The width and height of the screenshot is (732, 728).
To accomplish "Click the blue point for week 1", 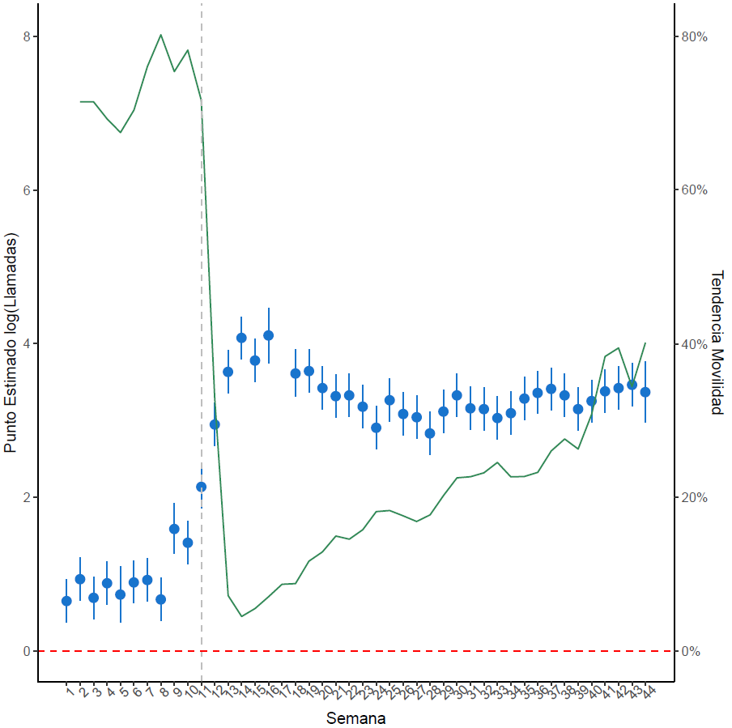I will (x=66, y=601).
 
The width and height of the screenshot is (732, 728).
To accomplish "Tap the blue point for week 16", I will (x=268, y=335).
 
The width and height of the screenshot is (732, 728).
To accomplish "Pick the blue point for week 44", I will (x=645, y=392).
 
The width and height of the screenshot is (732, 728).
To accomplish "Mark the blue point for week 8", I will (x=160, y=599).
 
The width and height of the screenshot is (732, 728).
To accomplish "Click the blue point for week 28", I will (x=430, y=433).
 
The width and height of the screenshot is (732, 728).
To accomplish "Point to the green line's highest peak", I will (x=161, y=35).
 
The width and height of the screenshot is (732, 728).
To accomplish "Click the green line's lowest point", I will (x=241, y=616).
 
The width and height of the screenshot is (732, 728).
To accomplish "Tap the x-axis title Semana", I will (x=355, y=718).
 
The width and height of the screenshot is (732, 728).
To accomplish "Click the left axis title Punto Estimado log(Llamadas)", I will (x=11, y=343).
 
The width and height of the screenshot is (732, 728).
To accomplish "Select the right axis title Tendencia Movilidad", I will (x=716, y=343).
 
